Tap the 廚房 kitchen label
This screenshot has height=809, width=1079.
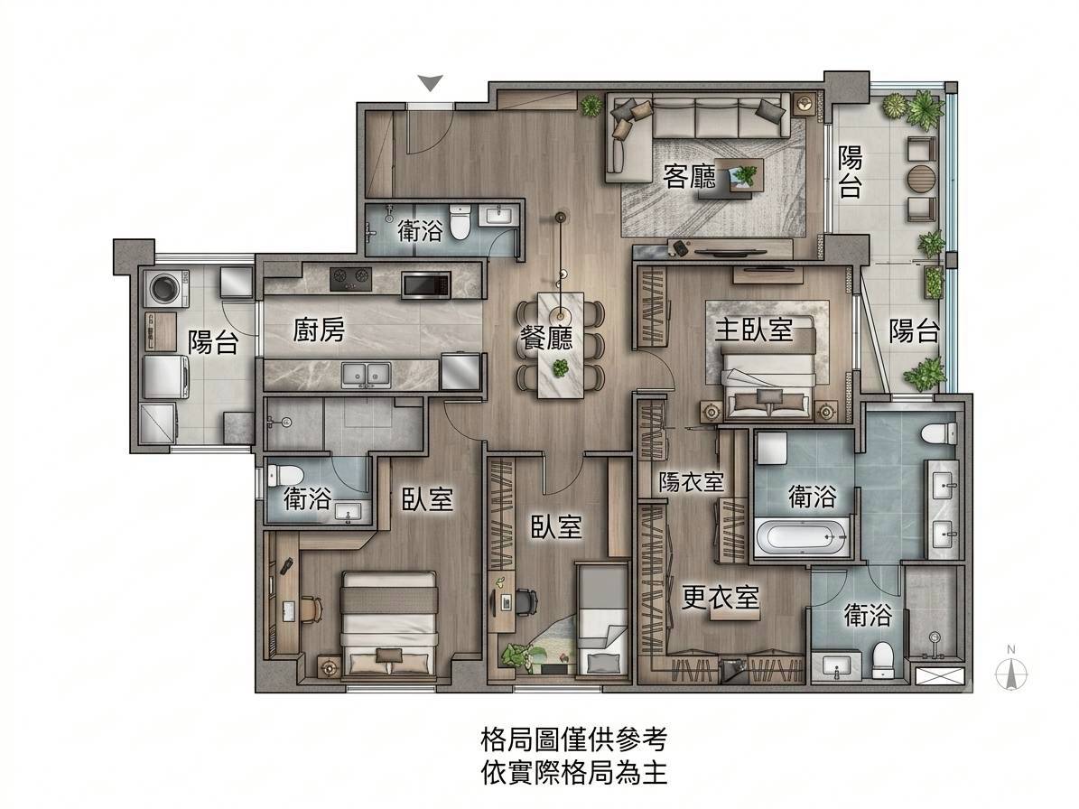click(x=319, y=330)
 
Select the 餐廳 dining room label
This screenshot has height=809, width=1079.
click(x=546, y=337)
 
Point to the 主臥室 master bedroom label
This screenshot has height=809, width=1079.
click(x=754, y=330)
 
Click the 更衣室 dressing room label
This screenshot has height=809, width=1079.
click(x=721, y=597)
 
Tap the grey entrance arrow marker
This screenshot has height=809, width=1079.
click(x=431, y=83)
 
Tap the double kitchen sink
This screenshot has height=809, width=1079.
click(x=366, y=374)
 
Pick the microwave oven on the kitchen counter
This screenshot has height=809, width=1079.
click(x=426, y=285)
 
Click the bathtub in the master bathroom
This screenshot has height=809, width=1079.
click(x=802, y=537)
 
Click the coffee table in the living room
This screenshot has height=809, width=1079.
click(x=739, y=175)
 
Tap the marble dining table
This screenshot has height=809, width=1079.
click(x=561, y=344)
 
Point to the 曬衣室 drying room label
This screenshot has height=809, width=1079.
click(x=692, y=481)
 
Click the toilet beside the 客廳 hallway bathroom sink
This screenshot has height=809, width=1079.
click(x=460, y=220)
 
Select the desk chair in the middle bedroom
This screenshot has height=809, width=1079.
click(x=525, y=600)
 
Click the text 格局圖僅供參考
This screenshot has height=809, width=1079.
click(x=574, y=740)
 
